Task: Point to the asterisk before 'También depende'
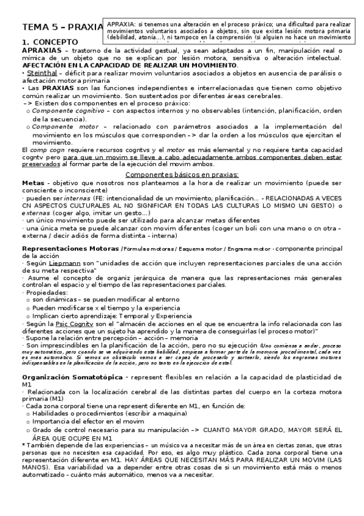(23, 445)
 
